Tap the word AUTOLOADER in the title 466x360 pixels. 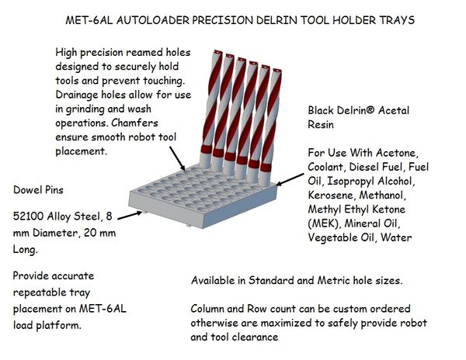click(153, 20)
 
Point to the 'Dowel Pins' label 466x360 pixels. click(38, 190)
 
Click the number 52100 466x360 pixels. click(28, 216)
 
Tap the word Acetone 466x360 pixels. click(398, 153)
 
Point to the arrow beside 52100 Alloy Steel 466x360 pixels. click(130, 216)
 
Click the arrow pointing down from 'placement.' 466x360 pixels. click(177, 158)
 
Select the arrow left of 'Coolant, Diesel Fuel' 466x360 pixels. click(290, 179)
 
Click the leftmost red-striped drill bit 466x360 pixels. click(210, 110)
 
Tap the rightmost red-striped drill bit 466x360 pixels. click(271, 127)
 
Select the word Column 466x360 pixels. click(207, 309)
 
